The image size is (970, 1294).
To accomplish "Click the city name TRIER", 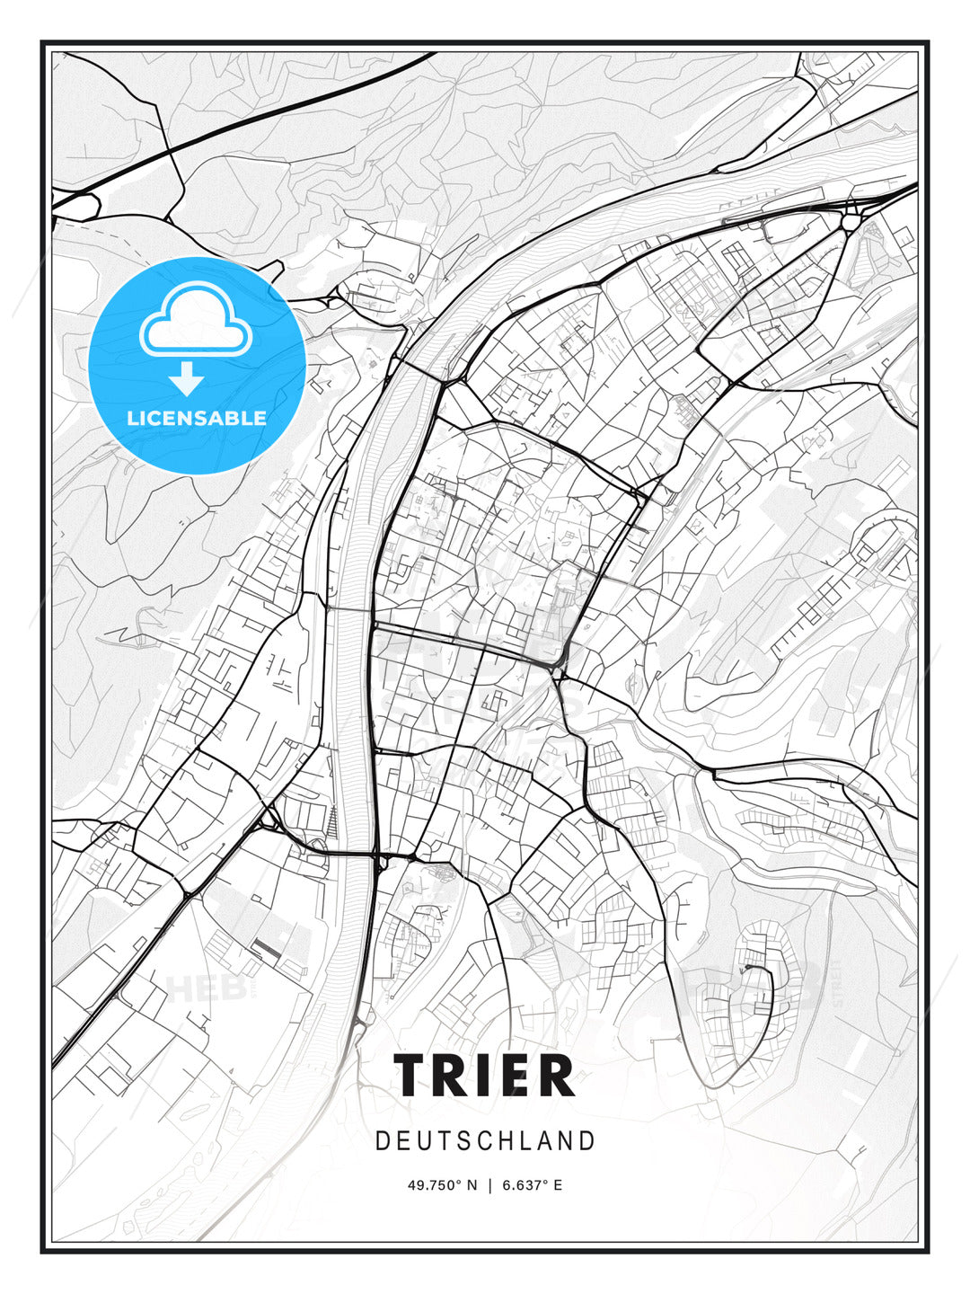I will [x=484, y=1076].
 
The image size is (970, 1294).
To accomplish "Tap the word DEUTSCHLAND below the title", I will [x=485, y=1141].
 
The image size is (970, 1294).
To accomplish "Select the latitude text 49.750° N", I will [x=443, y=1185].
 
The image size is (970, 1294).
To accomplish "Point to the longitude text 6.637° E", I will [x=532, y=1185].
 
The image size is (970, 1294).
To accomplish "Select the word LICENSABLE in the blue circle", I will [x=197, y=418].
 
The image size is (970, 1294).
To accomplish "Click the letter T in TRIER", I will [x=412, y=1076].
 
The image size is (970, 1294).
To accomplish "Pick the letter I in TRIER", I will [x=486, y=1076].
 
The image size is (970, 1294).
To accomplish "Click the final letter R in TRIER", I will [x=557, y=1076].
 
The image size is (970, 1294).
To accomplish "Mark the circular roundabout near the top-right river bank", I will [x=850, y=221].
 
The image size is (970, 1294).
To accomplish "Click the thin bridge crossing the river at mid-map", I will [x=350, y=610].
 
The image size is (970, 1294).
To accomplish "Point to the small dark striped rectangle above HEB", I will [x=266, y=946].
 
